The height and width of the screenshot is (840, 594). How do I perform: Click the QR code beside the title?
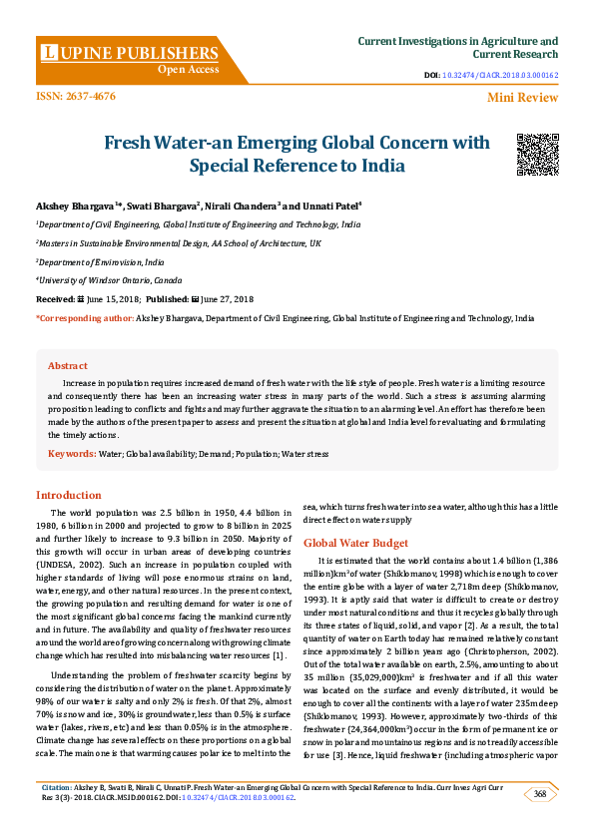click(536, 154)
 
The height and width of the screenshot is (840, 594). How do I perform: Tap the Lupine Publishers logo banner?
click(129, 59)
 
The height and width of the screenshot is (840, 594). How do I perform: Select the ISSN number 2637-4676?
click(76, 96)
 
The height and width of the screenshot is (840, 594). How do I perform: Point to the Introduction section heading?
click(69, 495)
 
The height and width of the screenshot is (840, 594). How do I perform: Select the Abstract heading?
click(68, 366)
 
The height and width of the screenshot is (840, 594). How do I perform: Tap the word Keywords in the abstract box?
click(72, 453)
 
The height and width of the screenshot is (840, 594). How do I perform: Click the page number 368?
click(540, 794)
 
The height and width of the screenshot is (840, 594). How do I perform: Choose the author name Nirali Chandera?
click(240, 205)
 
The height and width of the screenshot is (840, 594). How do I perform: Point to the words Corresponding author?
click(85, 317)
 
